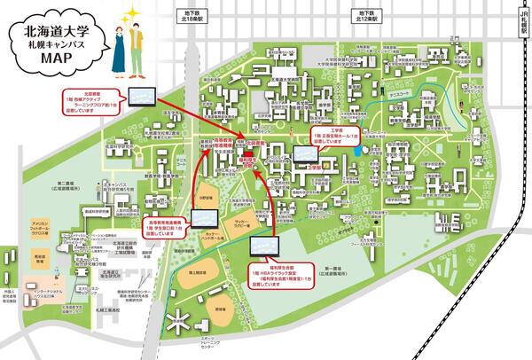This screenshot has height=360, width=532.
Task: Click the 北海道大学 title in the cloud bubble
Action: coord(55,35)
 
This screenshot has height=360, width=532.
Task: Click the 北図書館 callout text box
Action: coord(90,100)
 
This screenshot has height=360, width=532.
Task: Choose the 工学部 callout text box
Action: coord(335,136)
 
